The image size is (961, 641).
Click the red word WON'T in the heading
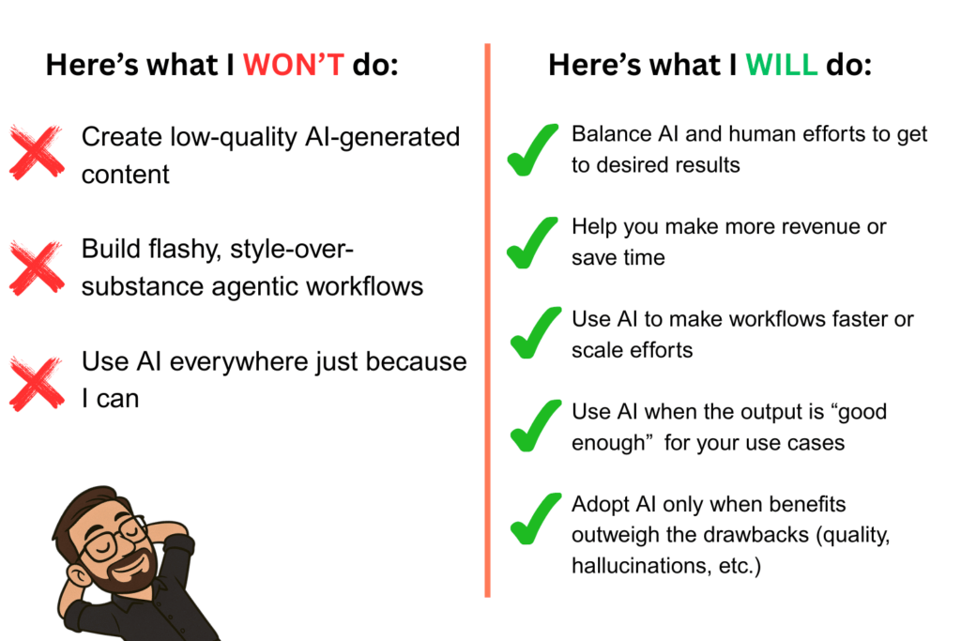294,65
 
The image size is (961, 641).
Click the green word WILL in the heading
782,65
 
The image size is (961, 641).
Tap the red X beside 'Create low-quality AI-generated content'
37,152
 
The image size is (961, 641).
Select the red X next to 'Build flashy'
37,267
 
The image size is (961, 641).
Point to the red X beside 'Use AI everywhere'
37,384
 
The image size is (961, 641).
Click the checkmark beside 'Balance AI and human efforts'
532,151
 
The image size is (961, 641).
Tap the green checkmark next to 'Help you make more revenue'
532,244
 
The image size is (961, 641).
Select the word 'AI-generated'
383,138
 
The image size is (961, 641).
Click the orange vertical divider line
487,320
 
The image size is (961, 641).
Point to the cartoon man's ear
77,573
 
